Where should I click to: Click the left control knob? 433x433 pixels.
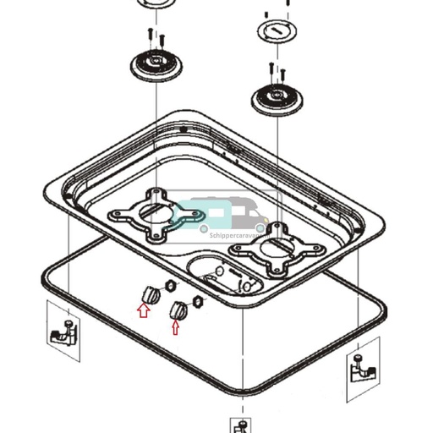pos(151,294)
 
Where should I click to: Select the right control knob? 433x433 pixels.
pos(178,310)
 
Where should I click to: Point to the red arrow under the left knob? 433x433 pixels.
pos(144,310)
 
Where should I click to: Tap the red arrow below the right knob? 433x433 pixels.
pos(175,326)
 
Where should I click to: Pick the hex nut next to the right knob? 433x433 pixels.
pos(197,301)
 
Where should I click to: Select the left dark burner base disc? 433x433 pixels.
pos(156,63)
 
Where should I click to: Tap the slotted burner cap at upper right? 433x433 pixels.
pos(277,32)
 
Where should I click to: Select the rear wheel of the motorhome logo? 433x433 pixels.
pos(204,227)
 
